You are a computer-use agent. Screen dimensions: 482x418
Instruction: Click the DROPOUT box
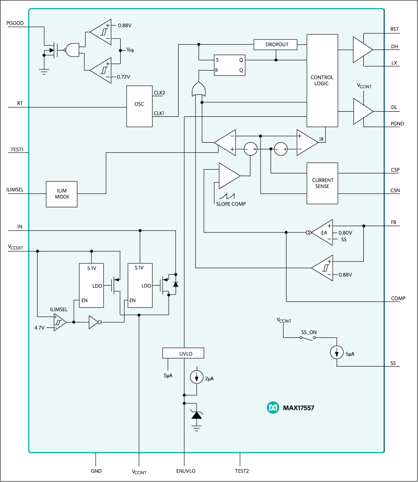point(275,44)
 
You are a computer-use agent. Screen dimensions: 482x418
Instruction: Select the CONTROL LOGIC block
point(322,81)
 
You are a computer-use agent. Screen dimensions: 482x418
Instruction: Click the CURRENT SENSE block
point(322,183)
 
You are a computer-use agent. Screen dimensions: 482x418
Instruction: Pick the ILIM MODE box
point(61,194)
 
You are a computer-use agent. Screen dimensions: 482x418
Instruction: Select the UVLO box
point(183,353)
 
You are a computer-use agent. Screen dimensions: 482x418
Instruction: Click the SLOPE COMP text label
point(231,204)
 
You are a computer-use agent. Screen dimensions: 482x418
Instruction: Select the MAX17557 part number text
point(298,408)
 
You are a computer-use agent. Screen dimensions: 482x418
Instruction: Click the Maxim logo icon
point(273,408)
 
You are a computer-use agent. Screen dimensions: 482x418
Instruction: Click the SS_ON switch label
point(309,332)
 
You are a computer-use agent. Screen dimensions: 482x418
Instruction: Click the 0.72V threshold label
point(124,76)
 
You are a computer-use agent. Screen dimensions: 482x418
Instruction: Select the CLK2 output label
point(159,93)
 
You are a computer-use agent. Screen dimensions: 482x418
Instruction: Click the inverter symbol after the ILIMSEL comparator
point(94,323)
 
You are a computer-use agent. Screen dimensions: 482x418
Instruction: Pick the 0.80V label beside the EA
point(345,232)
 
